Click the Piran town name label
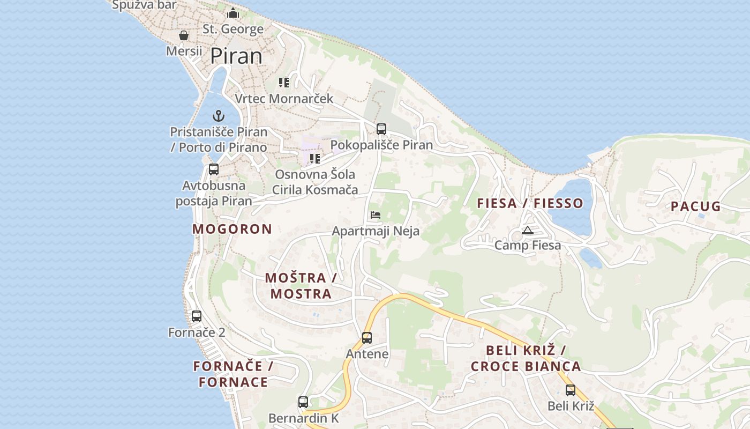tap(236, 56)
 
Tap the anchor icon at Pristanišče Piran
tap(219, 115)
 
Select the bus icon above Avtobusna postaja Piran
tap(214, 169)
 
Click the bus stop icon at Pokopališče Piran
tap(381, 129)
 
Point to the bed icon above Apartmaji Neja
tap(376, 215)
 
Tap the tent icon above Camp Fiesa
tap(528, 231)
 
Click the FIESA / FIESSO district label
tap(530, 203)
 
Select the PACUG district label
tap(695, 206)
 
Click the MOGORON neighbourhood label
tap(232, 229)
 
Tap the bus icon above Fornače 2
tap(197, 316)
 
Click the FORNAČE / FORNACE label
tap(234, 374)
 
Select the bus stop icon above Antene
tap(367, 338)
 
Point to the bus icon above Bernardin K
tap(303, 402)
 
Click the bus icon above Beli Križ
tap(571, 390)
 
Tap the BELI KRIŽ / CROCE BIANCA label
tap(526, 359)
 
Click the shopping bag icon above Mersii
tap(184, 35)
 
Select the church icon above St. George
tap(233, 13)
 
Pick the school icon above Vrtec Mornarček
tap(284, 83)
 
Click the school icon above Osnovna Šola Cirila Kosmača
tap(315, 159)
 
